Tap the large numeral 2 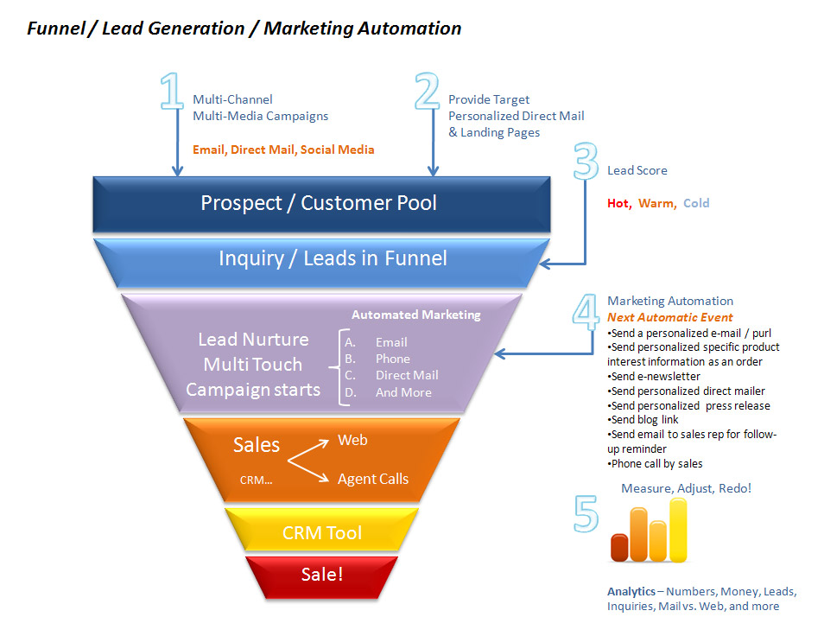(x=427, y=92)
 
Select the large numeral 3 (x=586, y=162)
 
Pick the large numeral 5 (x=586, y=512)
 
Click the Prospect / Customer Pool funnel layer (x=320, y=203)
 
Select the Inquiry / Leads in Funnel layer (x=333, y=258)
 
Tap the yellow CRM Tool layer (x=321, y=532)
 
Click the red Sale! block (x=321, y=573)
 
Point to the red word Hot (x=618, y=203)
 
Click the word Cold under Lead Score (x=695, y=203)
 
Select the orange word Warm (x=657, y=203)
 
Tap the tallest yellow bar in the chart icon (x=678, y=530)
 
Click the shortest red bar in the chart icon (x=619, y=547)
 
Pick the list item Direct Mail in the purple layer (x=407, y=375)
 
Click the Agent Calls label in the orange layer (x=373, y=479)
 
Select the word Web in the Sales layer (x=352, y=440)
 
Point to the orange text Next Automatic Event (x=669, y=317)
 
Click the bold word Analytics (x=631, y=592)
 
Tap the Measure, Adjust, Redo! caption (x=686, y=488)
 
